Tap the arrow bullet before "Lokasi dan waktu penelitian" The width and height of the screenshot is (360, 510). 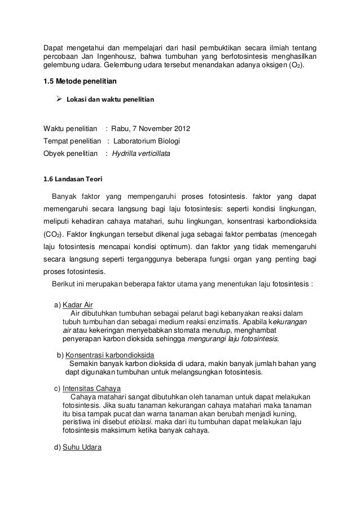pos(58,99)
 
